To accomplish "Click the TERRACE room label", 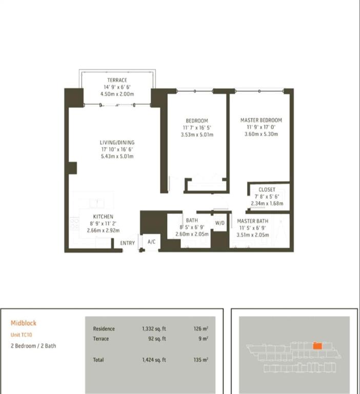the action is point(117,80).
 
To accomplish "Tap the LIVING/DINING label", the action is point(117,143).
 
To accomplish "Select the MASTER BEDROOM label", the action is point(261,121).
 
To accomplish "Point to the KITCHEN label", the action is point(103,216).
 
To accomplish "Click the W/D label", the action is point(220,223).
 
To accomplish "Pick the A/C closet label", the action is point(151,242).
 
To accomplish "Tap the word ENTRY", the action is point(127,243).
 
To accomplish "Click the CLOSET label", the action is point(267,190).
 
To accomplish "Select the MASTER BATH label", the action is point(252,221).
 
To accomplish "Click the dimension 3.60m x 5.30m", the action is point(261,134).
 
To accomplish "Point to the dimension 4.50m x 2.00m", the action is point(117,94).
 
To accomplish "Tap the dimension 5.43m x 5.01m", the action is point(117,156).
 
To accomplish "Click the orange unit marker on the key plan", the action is point(317,346).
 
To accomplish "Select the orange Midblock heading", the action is point(24,323).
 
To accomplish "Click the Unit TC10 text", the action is point(22,334).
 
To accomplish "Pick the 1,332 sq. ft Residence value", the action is point(154,329).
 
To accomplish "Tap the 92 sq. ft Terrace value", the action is point(157,339).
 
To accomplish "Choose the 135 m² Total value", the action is point(201,360).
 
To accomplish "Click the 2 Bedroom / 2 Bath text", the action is point(33,346).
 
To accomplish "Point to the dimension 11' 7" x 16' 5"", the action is point(197,128).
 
